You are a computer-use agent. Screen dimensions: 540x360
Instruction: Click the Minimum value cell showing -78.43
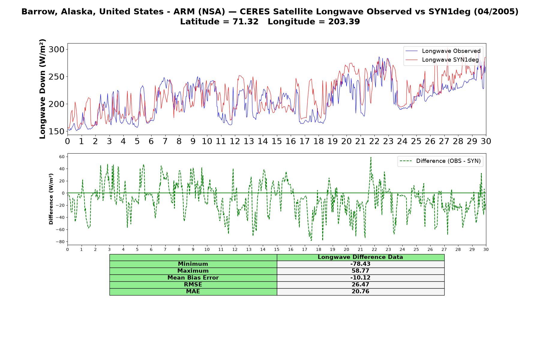[x=360, y=264]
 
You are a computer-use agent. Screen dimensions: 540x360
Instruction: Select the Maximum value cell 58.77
[x=360, y=271]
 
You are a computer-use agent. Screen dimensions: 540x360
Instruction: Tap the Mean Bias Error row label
[x=193, y=278]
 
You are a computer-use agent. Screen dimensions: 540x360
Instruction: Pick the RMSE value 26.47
[x=360, y=285]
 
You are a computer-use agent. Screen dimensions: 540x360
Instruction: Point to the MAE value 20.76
[x=360, y=292]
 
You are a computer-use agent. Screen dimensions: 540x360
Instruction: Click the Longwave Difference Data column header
[x=360, y=257]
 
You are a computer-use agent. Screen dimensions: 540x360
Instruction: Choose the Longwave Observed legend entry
[x=443, y=51]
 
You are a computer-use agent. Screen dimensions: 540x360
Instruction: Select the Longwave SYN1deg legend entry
[x=442, y=60]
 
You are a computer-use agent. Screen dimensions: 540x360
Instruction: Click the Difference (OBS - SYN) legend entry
[x=440, y=161]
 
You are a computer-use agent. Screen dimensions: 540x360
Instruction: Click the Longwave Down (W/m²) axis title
[x=43, y=89]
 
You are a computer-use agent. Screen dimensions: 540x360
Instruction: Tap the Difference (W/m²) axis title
[x=51, y=199]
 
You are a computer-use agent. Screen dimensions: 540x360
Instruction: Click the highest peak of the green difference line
[x=371, y=157]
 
